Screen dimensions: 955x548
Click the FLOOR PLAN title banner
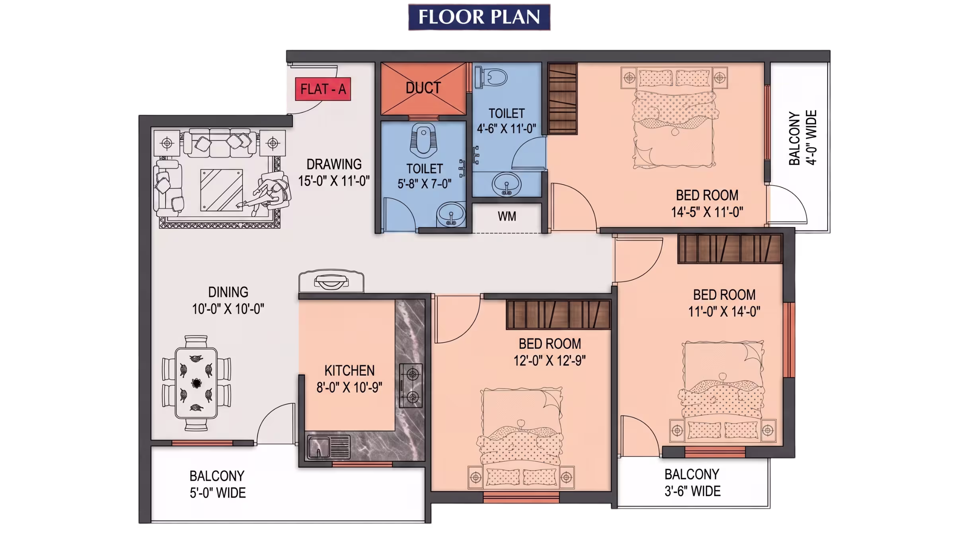[x=479, y=17]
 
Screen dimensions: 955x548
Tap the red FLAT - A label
[x=323, y=89]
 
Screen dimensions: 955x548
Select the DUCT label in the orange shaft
[x=423, y=88]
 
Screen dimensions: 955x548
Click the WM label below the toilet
[x=507, y=216]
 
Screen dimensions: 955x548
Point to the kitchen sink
[x=329, y=447]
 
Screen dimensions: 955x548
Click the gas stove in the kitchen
[x=410, y=385]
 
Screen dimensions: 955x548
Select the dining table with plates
[x=196, y=383]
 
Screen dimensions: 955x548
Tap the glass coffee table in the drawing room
[x=222, y=190]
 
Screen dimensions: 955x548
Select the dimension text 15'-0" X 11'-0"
[x=334, y=181]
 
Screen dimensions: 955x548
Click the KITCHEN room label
[x=349, y=371]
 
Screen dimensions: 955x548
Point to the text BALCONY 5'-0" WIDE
[x=217, y=484]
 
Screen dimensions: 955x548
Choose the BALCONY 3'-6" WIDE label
[x=692, y=483]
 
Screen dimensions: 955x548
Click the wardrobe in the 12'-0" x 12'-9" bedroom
[x=558, y=315]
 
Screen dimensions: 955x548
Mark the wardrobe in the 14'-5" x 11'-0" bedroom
[x=562, y=99]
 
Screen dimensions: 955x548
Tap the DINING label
[x=228, y=292]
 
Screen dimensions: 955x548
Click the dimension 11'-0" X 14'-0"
[x=724, y=311]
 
